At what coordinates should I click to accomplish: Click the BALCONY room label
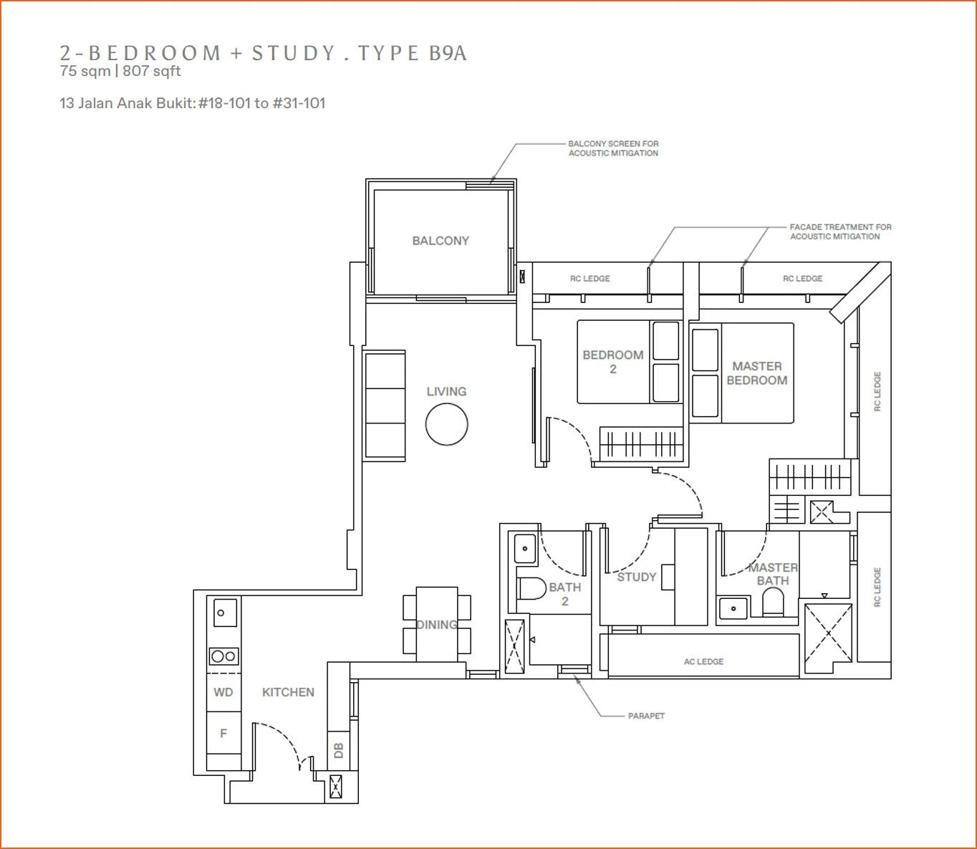click(441, 241)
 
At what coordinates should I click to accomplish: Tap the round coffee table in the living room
click(446, 424)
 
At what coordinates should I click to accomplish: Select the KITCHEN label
click(288, 692)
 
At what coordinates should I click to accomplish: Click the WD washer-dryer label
click(223, 692)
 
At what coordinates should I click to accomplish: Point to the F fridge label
click(223, 733)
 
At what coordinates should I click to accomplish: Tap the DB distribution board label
click(339, 750)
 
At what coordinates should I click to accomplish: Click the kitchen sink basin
click(224, 613)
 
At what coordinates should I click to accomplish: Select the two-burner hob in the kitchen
click(224, 656)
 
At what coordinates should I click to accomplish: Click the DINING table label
click(436, 625)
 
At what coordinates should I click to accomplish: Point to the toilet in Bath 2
click(531, 589)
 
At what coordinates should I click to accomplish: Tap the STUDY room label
click(636, 577)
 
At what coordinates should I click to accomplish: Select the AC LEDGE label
click(703, 661)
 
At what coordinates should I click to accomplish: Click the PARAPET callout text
click(646, 716)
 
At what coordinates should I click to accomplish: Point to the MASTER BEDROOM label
click(757, 373)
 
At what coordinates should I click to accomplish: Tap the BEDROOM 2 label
click(613, 362)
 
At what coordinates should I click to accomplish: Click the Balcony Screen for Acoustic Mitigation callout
click(613, 148)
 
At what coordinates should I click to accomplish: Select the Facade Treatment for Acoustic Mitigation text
click(840, 231)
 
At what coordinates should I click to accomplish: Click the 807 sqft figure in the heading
click(152, 71)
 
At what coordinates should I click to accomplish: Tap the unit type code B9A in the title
click(448, 53)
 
